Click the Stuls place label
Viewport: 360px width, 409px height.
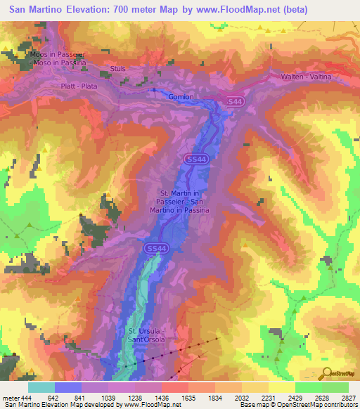point(117,68)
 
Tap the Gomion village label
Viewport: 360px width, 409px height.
point(181,96)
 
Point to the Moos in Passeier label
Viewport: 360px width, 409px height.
point(58,53)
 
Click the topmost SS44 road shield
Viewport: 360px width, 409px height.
point(237,102)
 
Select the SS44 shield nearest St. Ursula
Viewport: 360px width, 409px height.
point(157,249)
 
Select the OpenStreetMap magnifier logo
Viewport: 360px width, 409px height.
point(328,372)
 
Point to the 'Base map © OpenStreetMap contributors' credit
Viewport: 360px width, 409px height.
point(300,405)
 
